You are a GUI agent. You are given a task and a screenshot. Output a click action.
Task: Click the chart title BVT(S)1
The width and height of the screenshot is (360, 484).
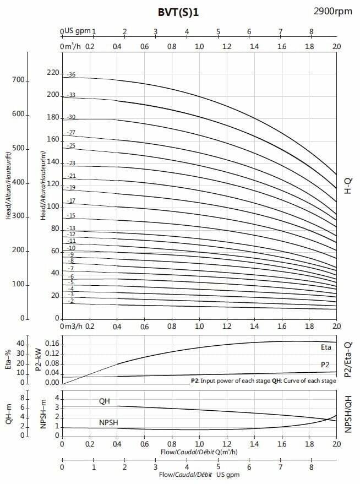178,12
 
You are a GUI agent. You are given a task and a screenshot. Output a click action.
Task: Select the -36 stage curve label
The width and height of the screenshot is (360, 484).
71,74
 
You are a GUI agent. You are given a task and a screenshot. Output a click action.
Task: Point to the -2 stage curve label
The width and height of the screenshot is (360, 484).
71,301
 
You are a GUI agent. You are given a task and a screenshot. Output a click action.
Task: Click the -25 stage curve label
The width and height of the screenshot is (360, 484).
71,145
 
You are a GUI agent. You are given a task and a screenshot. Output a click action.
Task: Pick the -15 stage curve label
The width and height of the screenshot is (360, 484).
71,215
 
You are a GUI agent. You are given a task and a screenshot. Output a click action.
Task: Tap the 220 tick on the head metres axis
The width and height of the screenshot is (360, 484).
52,72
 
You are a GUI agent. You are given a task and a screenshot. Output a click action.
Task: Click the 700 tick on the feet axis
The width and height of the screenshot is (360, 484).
18,80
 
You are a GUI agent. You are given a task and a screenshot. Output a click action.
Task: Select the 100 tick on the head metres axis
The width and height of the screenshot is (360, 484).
52,206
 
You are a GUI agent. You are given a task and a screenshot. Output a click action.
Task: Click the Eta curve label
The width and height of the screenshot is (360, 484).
326,347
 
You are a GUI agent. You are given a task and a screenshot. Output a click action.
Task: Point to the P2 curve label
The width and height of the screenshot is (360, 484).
326,365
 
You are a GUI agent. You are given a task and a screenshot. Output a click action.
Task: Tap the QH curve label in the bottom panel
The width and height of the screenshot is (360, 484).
105,401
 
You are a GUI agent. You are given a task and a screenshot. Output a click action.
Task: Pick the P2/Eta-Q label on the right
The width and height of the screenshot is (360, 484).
348,358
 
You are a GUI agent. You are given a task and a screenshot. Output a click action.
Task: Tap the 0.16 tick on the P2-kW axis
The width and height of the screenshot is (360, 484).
52,344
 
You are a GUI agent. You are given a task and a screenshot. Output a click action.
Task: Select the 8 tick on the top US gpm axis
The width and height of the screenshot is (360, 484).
312,31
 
